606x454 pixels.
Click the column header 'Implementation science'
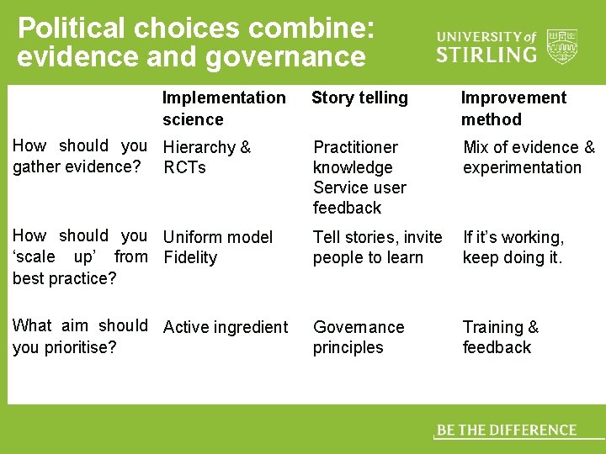[x=223, y=108]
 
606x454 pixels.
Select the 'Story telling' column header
[x=359, y=98]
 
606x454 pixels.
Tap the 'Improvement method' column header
[x=513, y=108]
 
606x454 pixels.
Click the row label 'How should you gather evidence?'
[x=79, y=156]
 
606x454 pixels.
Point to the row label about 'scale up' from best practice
[x=79, y=256]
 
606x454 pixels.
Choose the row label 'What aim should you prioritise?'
[x=79, y=336]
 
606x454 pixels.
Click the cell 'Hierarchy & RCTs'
[x=207, y=157]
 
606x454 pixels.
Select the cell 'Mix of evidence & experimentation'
[x=529, y=157]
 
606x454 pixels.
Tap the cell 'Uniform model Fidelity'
[x=218, y=247]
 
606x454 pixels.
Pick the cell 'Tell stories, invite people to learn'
[x=377, y=247]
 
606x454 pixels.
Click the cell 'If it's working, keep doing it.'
[x=513, y=247]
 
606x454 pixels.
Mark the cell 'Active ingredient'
[x=226, y=327]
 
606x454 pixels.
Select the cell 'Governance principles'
[x=359, y=337]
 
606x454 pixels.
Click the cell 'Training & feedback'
[x=501, y=337]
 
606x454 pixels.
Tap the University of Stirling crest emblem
[x=561, y=46]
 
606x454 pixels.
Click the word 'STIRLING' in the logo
[x=486, y=55]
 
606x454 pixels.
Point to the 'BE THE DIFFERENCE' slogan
[x=507, y=430]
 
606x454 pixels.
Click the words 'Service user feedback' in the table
[x=359, y=198]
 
